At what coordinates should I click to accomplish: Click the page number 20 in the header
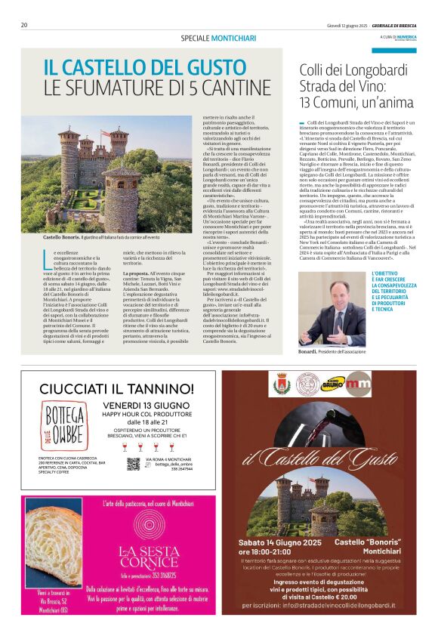pyautogui.click(x=24, y=25)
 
